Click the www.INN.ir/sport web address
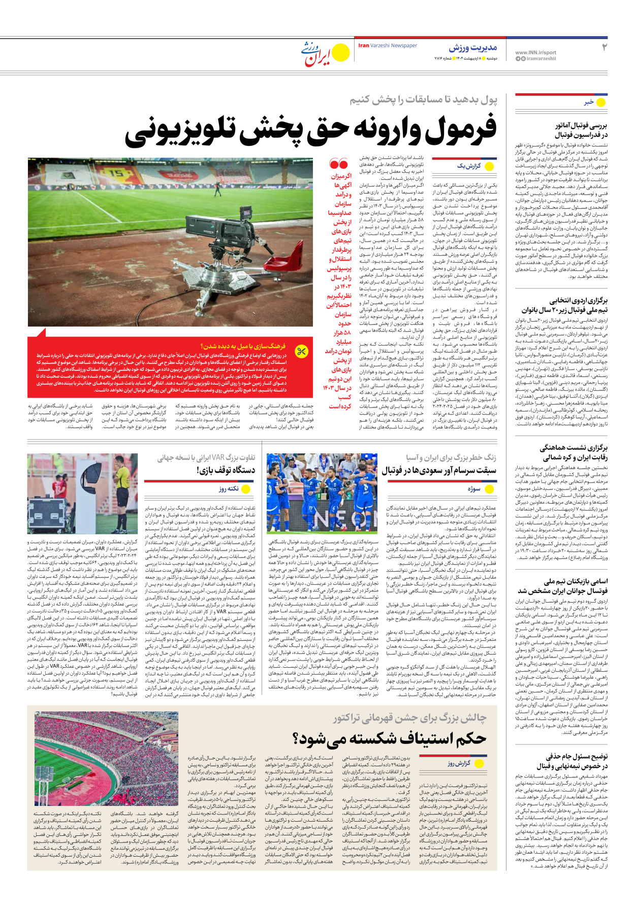tap(535, 52)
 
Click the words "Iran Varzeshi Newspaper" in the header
tap(387, 46)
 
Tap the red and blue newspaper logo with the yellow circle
tap(326, 53)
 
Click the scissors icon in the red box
tap(302, 352)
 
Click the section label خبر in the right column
tap(589, 102)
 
